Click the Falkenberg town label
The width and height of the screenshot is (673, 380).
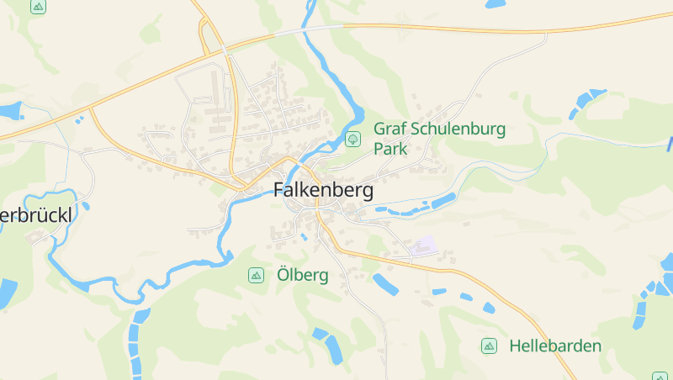[323, 191]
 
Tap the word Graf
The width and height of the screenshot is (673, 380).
[389, 129]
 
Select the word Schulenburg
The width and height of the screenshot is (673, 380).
[458, 129]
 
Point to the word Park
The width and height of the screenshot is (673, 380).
[390, 150]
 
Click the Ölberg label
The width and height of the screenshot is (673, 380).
[302, 275]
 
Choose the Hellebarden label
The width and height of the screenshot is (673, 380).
[555, 346]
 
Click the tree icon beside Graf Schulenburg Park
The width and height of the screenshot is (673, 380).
[353, 138]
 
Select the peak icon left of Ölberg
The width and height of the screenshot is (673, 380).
[255, 275]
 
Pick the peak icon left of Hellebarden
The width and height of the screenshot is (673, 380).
[488, 346]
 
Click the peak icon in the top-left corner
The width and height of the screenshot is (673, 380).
[38, 7]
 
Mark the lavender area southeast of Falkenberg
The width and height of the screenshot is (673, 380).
[427, 246]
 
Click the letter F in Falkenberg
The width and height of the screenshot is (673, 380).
[279, 191]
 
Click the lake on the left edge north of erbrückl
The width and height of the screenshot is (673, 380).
[10, 110]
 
